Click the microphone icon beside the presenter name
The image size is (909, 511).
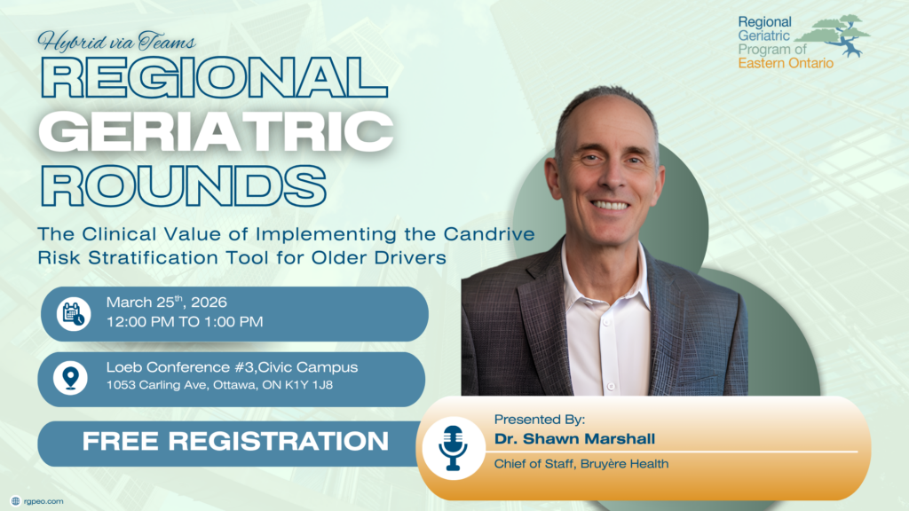pos(452,448)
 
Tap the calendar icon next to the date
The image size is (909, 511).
pos(74,314)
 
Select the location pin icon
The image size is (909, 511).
pos(71,378)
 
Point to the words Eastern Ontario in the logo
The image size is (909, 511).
pos(786,63)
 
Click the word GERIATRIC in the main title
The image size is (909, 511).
pos(216,132)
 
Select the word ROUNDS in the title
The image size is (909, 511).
pos(183,185)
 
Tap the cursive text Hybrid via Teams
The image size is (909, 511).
pos(116,42)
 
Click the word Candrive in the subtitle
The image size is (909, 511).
pos(489,234)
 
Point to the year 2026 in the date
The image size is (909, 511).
pos(209,303)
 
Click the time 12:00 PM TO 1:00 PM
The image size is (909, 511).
pos(185,322)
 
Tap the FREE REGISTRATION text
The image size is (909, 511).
pos(235,442)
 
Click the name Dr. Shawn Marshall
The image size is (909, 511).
pos(574,438)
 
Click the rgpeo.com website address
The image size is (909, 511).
pos(43,501)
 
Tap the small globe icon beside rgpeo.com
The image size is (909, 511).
pos(16,501)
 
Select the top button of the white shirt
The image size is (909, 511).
pos(607,321)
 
